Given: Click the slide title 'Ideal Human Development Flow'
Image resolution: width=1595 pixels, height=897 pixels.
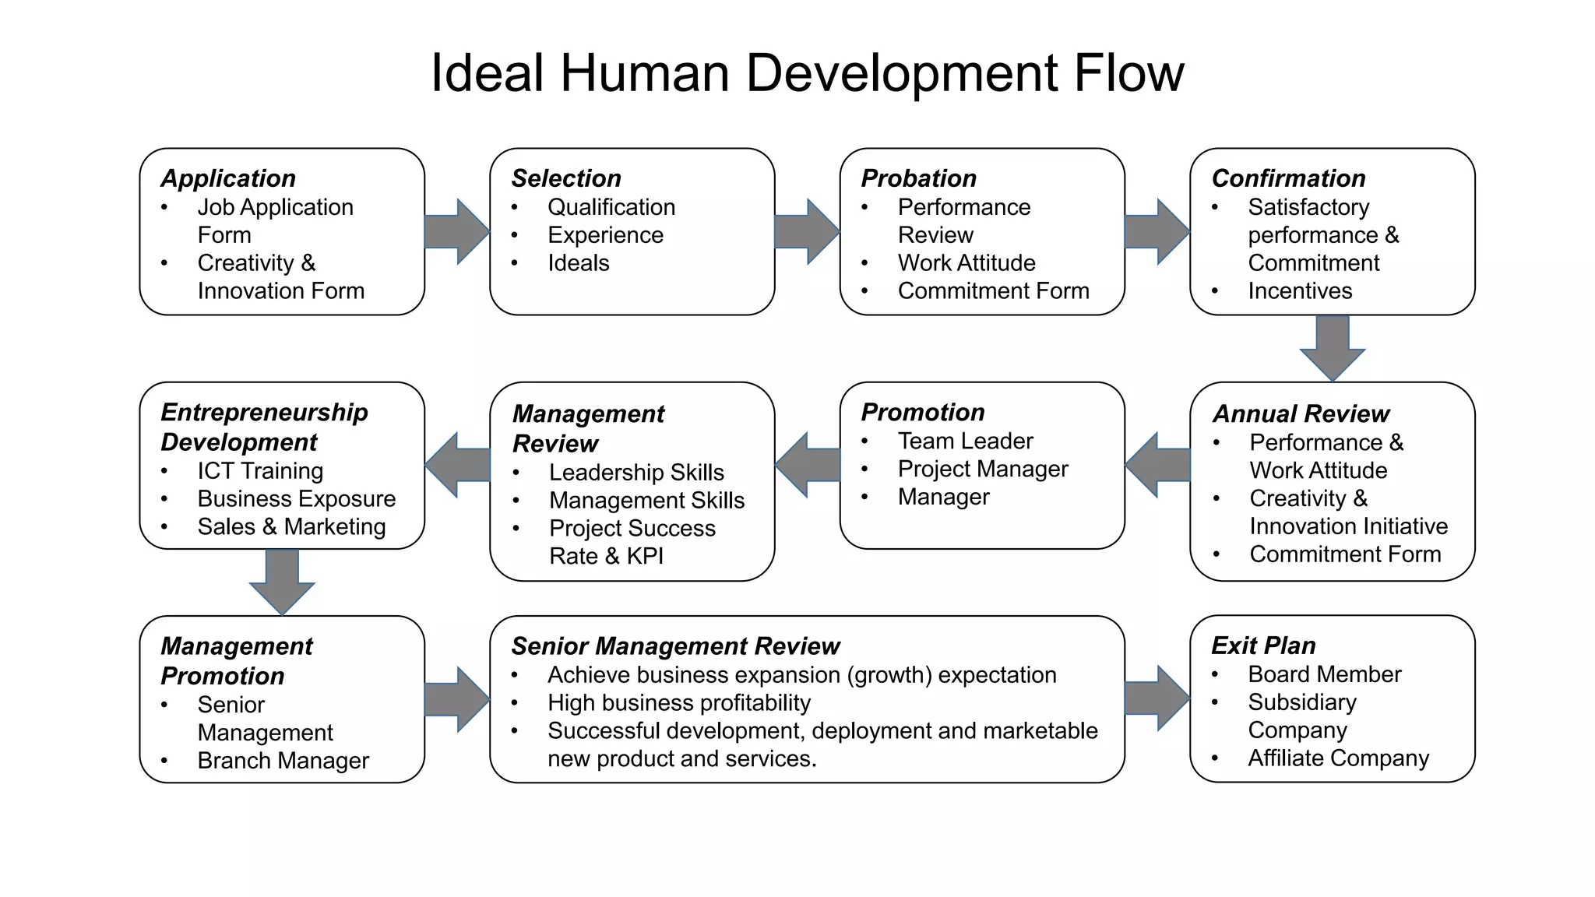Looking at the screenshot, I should pyautogui.click(x=807, y=73).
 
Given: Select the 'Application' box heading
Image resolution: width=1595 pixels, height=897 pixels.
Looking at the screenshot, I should pyautogui.click(x=228, y=178).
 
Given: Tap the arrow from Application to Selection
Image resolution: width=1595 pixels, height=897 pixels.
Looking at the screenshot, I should pyautogui.click(x=457, y=231).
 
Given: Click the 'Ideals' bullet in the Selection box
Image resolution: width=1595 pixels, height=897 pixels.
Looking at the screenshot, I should pyautogui.click(x=578, y=263).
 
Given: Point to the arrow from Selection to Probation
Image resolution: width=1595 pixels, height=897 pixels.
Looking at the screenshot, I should pyautogui.click(x=807, y=231).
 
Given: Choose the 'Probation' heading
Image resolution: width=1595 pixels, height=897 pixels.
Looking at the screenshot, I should pyautogui.click(x=918, y=178).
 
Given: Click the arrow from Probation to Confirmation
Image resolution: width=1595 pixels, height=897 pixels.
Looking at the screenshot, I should pyautogui.click(x=1157, y=231).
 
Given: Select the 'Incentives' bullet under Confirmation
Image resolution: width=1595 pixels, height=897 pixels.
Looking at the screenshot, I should pyautogui.click(x=1300, y=291).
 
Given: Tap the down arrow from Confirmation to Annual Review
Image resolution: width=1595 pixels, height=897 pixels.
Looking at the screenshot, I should pyautogui.click(x=1333, y=347).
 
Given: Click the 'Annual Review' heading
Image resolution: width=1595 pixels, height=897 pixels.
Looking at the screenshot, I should pyautogui.click(x=1301, y=413).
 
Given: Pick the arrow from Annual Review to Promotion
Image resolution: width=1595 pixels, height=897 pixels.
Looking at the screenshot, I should pyautogui.click(x=1158, y=465).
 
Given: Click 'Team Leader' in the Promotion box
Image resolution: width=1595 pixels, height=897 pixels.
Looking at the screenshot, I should pyautogui.click(x=965, y=441).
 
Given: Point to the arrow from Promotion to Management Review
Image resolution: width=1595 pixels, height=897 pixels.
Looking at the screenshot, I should pyautogui.click(x=808, y=465).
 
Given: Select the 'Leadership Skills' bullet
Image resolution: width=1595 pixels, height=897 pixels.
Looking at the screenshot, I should pyautogui.click(x=636, y=473).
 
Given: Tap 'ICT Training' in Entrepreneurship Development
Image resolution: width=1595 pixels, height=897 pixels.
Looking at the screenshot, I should pyautogui.click(x=260, y=471).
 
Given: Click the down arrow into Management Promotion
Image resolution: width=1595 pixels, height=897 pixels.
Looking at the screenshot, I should pyautogui.click(x=282, y=582).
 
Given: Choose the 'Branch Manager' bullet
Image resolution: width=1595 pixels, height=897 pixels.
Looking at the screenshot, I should pyautogui.click(x=283, y=761).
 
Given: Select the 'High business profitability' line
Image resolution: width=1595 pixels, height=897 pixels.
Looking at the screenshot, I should pyautogui.click(x=679, y=703).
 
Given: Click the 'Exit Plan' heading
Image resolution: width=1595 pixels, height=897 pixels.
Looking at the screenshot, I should pyautogui.click(x=1263, y=645).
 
